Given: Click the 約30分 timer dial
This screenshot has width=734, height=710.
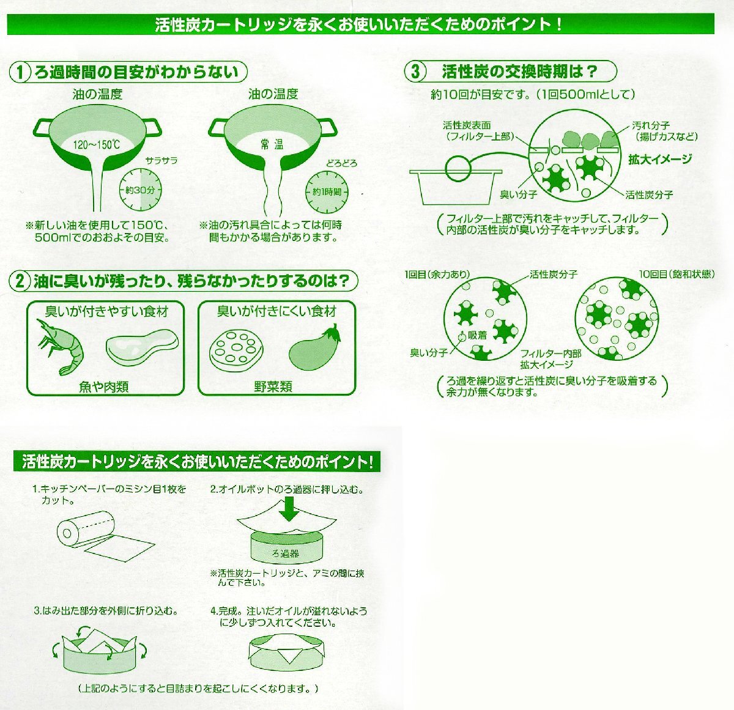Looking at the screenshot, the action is click(140, 190).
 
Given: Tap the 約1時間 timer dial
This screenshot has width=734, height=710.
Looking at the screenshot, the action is click(327, 192).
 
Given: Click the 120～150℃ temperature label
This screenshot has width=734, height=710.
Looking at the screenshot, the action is click(97, 144).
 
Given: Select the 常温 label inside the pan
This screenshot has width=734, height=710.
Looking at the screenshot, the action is click(272, 144).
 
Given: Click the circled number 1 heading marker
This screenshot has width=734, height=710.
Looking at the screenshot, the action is click(19, 72).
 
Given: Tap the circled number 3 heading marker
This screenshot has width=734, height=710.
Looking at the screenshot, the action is click(415, 72).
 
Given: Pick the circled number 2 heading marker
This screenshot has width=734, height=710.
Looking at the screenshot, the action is click(19, 282).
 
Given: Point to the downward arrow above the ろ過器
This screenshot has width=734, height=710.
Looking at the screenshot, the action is click(289, 509).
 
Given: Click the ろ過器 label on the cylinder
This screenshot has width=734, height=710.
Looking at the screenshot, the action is click(286, 553).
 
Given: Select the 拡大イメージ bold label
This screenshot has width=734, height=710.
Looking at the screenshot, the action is click(660, 159).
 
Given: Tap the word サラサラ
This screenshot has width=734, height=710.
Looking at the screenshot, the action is click(161, 161).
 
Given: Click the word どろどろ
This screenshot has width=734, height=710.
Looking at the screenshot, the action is click(342, 164).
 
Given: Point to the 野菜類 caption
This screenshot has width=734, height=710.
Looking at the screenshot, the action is click(273, 386).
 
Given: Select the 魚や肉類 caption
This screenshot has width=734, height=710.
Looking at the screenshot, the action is click(104, 387).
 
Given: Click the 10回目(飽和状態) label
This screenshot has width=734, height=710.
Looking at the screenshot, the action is click(677, 274).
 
